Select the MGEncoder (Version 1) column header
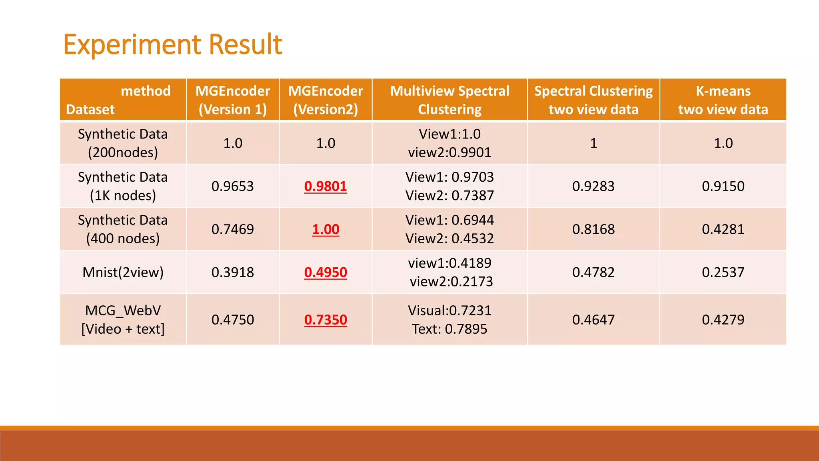pos(233,100)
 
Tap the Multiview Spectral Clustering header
pos(449,100)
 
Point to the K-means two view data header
pos(723,100)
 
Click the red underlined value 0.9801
pos(326,186)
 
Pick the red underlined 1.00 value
pos(326,229)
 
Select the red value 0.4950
pos(326,272)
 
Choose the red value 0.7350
pos(326,320)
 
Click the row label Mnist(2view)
pos(123,272)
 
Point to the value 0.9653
pos(233,186)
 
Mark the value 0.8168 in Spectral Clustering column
pos(593,229)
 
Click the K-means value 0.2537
pos(723,272)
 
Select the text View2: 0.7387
pos(449,195)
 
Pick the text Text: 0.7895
pos(449,329)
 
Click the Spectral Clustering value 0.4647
pos(593,320)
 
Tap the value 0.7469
pos(233,229)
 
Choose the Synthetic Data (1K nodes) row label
pos(123,186)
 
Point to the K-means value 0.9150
pos(723,186)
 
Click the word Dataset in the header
pos(90,109)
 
